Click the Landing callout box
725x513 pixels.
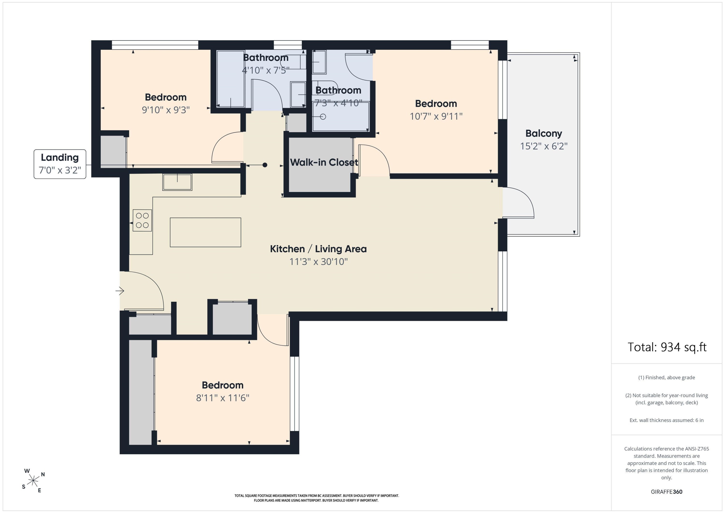[x=60, y=164]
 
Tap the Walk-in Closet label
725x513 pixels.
[x=324, y=162]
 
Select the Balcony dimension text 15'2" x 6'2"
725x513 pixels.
[x=544, y=146]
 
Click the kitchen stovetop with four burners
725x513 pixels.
[x=142, y=220]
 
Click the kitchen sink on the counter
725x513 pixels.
[x=177, y=182]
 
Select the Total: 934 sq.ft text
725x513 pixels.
[x=667, y=347]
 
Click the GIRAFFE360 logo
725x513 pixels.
[x=667, y=491]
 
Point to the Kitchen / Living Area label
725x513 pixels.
[x=318, y=249]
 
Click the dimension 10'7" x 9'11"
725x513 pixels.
[x=436, y=116]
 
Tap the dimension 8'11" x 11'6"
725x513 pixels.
[x=223, y=398]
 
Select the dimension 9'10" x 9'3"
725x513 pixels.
[x=166, y=110]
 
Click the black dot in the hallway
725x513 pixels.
[x=265, y=165]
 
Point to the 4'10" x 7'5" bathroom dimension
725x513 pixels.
[x=266, y=70]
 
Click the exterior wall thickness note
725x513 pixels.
[x=667, y=420]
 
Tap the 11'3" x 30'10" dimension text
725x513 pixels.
[x=319, y=262]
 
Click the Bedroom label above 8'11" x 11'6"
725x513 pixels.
[x=223, y=385]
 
